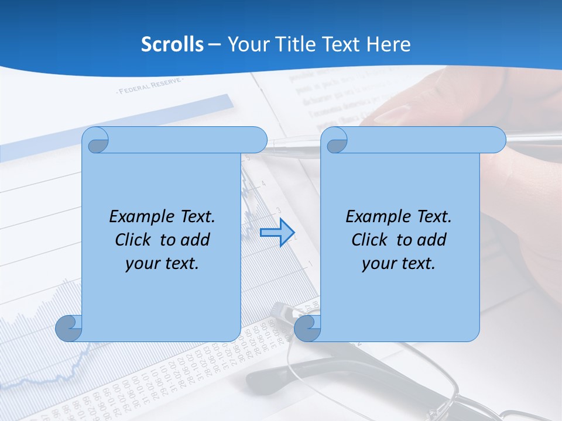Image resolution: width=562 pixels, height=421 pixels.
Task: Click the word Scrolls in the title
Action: click(x=172, y=44)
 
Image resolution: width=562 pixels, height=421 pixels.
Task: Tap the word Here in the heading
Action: click(x=388, y=44)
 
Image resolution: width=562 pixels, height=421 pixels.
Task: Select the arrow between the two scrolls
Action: click(x=277, y=232)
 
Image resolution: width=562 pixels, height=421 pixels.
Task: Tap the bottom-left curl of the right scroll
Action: click(x=307, y=328)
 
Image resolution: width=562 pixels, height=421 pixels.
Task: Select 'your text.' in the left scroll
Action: click(x=162, y=264)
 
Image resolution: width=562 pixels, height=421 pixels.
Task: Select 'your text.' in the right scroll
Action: click(x=399, y=264)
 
